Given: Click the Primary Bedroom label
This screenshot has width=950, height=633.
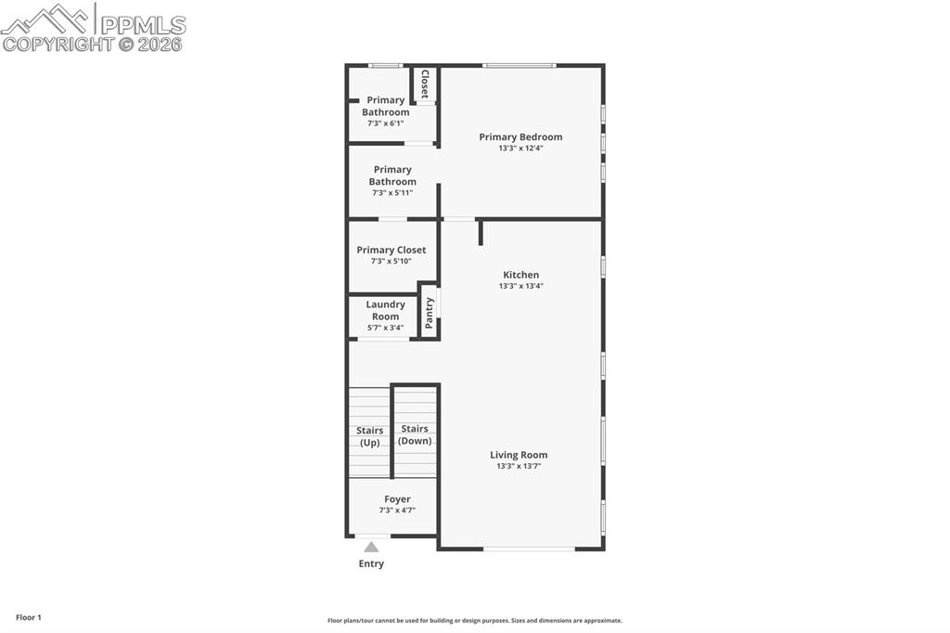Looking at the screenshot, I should click(520, 136).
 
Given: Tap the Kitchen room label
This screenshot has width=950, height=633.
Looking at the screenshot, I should click(520, 275).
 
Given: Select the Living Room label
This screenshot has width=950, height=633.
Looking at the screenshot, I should click(519, 455).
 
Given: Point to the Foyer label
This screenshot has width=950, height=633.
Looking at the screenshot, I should click(397, 499).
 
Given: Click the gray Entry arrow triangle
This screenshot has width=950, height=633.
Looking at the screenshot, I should click(371, 548).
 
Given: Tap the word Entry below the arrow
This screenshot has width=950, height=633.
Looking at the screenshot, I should click(371, 563).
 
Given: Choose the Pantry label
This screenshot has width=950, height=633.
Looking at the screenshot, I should click(429, 313).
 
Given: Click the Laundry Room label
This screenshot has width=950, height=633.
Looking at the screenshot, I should click(385, 310).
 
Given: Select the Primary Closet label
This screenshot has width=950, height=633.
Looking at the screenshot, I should click(392, 250).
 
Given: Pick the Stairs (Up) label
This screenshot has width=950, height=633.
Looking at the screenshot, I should click(369, 436).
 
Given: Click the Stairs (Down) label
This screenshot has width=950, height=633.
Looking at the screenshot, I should click(415, 434).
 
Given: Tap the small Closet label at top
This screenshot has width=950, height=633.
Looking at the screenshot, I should click(425, 84).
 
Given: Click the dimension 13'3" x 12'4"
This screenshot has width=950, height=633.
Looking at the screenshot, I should click(520, 148).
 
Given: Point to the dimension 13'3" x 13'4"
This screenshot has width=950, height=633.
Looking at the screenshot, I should click(520, 286).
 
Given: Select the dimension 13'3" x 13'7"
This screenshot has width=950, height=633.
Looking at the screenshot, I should click(519, 466).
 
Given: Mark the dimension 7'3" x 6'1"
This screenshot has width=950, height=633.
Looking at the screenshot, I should click(385, 123).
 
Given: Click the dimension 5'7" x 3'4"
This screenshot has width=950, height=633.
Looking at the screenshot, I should click(385, 328).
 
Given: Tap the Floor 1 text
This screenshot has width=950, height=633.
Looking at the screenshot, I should click(28, 617).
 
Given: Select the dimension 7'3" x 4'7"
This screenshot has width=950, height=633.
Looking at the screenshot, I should click(397, 510).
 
